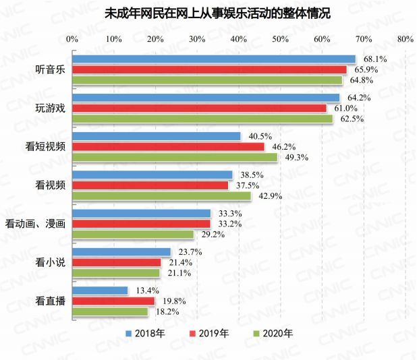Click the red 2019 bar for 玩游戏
point(199,108)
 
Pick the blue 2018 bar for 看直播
point(100,291)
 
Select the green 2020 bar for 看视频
point(162,196)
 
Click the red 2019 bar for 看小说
point(117,262)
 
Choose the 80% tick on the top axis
point(405,39)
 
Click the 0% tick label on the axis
point(73,39)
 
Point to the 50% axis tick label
point(281,39)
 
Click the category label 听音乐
point(50,69)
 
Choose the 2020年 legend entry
point(273,333)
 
